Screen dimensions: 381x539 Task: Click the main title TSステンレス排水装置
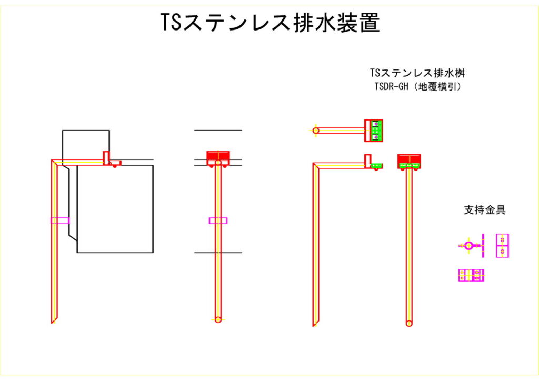coord(269,23)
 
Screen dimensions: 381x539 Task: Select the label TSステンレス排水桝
coord(417,73)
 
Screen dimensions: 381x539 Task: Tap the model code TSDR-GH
coord(391,87)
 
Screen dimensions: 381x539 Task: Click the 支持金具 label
coord(484,210)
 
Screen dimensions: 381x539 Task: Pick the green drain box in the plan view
coord(375,130)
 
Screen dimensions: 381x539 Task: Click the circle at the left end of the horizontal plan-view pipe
coord(316,131)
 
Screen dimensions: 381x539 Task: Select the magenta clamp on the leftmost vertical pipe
coord(60,220)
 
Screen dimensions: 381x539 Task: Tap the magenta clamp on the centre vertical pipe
coord(218,220)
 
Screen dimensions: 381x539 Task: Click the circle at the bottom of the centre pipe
coord(218,319)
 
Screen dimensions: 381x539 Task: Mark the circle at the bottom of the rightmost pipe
coord(409,323)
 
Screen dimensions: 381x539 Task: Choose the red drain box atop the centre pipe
coord(218,156)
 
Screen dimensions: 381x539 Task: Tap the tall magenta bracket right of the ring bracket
coord(502,246)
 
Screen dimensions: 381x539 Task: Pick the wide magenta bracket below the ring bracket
coord(471,275)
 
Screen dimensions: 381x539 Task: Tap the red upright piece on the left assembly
coord(106,156)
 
